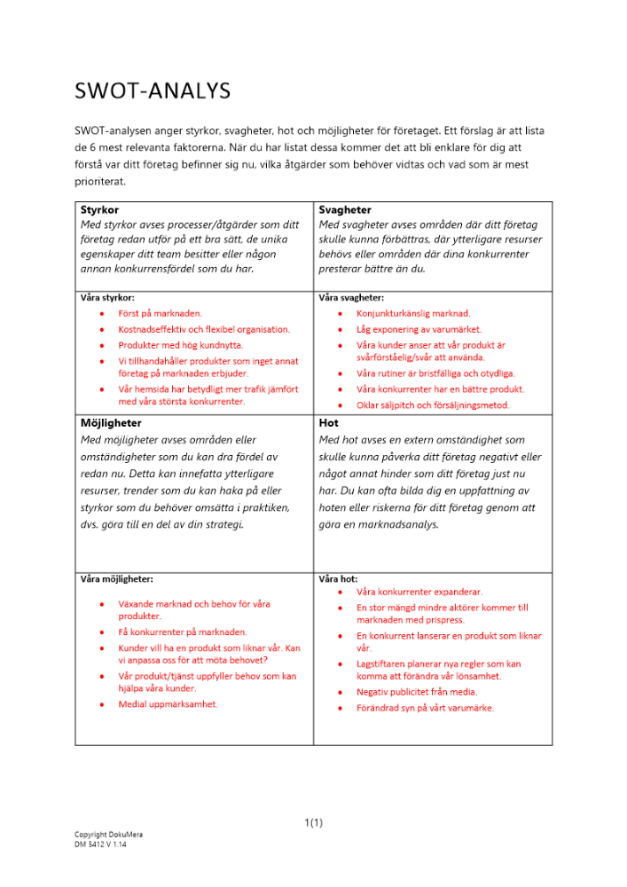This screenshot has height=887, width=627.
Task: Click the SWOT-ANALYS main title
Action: click(x=153, y=90)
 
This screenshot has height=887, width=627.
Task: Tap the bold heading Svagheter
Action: click(x=345, y=210)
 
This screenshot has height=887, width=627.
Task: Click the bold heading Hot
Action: click(x=328, y=423)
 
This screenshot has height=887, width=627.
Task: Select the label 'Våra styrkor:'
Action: click(x=107, y=298)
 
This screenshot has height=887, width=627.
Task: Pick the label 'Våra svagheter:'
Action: click(x=351, y=298)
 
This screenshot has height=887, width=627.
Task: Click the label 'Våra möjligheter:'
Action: click(x=116, y=578)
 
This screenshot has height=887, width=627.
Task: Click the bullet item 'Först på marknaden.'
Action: click(x=160, y=313)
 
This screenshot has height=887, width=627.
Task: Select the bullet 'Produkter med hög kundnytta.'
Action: click(x=180, y=345)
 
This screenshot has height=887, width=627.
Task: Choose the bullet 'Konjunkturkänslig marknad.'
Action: click(x=413, y=313)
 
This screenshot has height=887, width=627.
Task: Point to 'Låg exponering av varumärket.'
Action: click(x=419, y=329)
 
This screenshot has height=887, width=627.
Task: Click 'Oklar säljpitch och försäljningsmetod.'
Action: click(x=433, y=405)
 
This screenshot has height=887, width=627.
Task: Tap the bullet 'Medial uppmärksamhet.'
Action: click(x=168, y=704)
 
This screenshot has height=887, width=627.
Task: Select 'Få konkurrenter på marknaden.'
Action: click(x=183, y=632)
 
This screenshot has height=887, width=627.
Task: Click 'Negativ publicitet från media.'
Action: click(x=416, y=692)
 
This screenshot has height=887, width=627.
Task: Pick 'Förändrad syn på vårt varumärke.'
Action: click(x=425, y=708)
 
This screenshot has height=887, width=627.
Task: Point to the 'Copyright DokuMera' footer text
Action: click(x=108, y=835)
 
